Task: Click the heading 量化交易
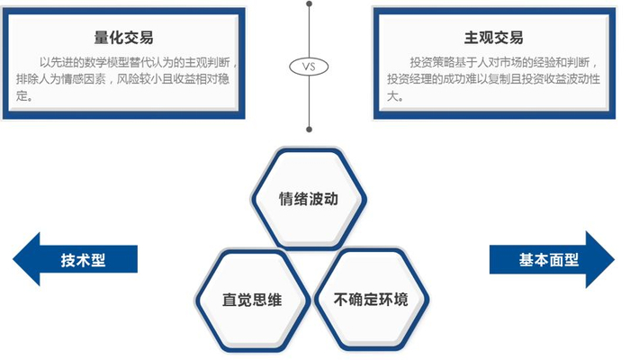point(123,37)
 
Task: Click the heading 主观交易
point(493,38)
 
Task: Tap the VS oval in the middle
point(309,66)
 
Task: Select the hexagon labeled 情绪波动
point(309,199)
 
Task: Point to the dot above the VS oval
point(309,4)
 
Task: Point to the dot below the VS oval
point(309,128)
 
